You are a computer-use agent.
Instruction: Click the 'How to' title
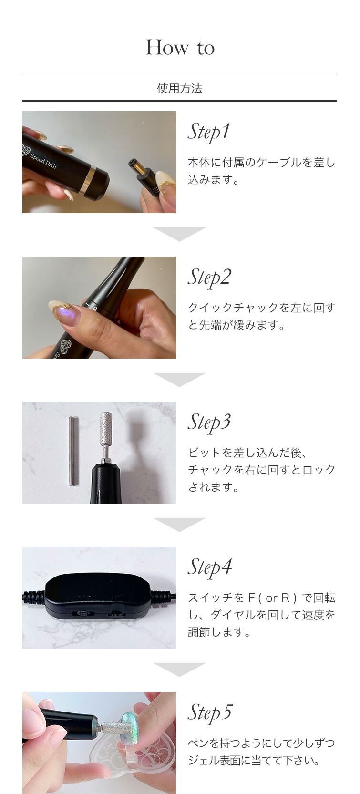pyautogui.click(x=180, y=48)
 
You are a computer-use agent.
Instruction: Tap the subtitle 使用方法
pyautogui.click(x=180, y=88)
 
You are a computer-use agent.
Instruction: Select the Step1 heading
pyautogui.click(x=209, y=132)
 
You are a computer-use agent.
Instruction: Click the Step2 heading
pyautogui.click(x=209, y=278)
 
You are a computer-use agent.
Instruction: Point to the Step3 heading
pyautogui.click(x=209, y=423)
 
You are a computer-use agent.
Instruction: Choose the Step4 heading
pyautogui.click(x=210, y=567)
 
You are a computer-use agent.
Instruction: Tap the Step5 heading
pyautogui.click(x=210, y=712)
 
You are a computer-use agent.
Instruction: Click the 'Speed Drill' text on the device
pyautogui.click(x=43, y=161)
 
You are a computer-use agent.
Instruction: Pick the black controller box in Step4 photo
pyautogui.click(x=98, y=597)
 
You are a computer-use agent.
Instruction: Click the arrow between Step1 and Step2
pyautogui.click(x=179, y=234)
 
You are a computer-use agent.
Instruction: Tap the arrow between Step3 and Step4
pyautogui.click(x=179, y=525)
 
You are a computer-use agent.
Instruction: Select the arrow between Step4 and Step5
pyautogui.click(x=179, y=670)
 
